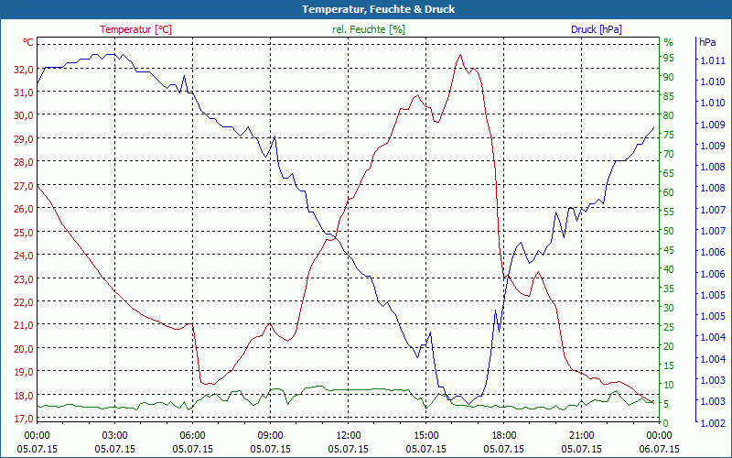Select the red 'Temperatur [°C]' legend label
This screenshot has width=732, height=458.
click(x=135, y=29)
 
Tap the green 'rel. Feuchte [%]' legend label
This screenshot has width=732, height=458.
click(x=368, y=29)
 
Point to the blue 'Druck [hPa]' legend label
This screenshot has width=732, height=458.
click(x=596, y=29)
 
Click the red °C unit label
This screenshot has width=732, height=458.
click(x=28, y=42)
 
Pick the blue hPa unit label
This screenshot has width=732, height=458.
click(x=708, y=42)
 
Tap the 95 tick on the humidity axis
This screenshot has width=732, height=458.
click(x=669, y=57)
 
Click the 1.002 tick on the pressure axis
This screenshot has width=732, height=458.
click(x=712, y=422)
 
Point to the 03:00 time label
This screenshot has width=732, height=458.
click(x=114, y=435)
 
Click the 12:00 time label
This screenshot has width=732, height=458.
click(x=348, y=435)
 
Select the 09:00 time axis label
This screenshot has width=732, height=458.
click(x=270, y=435)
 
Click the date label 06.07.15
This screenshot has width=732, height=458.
click(x=660, y=449)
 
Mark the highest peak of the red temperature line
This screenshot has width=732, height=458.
click(x=460, y=55)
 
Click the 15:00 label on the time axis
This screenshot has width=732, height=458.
click(x=426, y=435)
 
